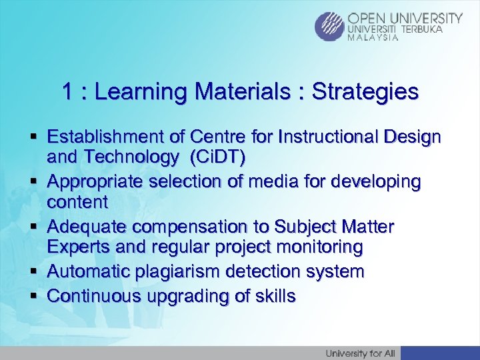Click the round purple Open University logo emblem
click(331, 27)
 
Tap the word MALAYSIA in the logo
click(373, 38)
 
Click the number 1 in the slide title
click(67, 91)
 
